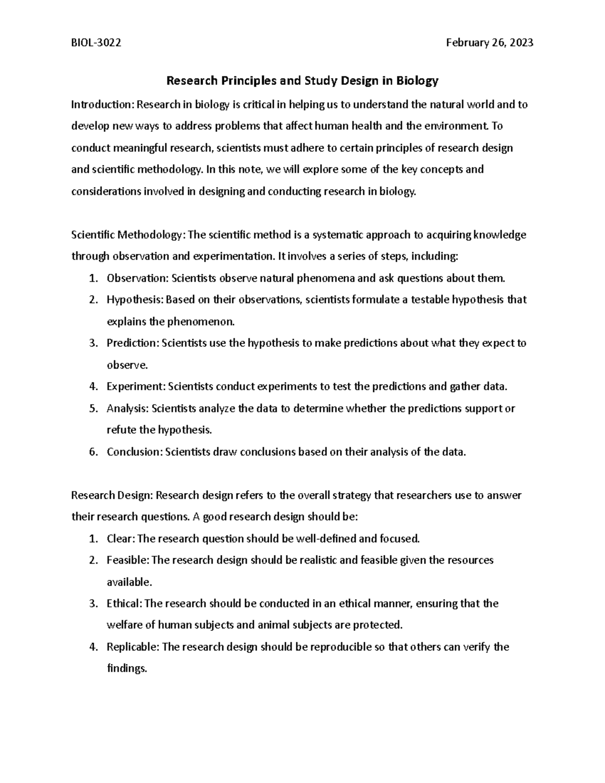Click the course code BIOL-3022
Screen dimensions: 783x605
tap(96, 43)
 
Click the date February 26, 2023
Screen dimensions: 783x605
tap(490, 43)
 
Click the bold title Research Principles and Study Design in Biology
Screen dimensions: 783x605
tap(302, 80)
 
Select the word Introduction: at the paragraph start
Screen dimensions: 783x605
tap(102, 105)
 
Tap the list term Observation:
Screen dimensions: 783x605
tap(138, 278)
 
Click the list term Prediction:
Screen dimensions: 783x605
tap(133, 343)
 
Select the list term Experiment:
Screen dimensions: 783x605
tap(136, 387)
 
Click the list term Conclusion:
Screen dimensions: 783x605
tap(135, 452)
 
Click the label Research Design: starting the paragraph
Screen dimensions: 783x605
tap(111, 495)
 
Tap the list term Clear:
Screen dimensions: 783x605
tap(121, 538)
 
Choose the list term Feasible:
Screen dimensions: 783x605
tap(128, 560)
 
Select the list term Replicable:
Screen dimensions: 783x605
tap(133, 647)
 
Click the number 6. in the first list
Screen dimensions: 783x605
tap(93, 452)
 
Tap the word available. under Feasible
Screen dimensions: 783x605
tap(129, 582)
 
